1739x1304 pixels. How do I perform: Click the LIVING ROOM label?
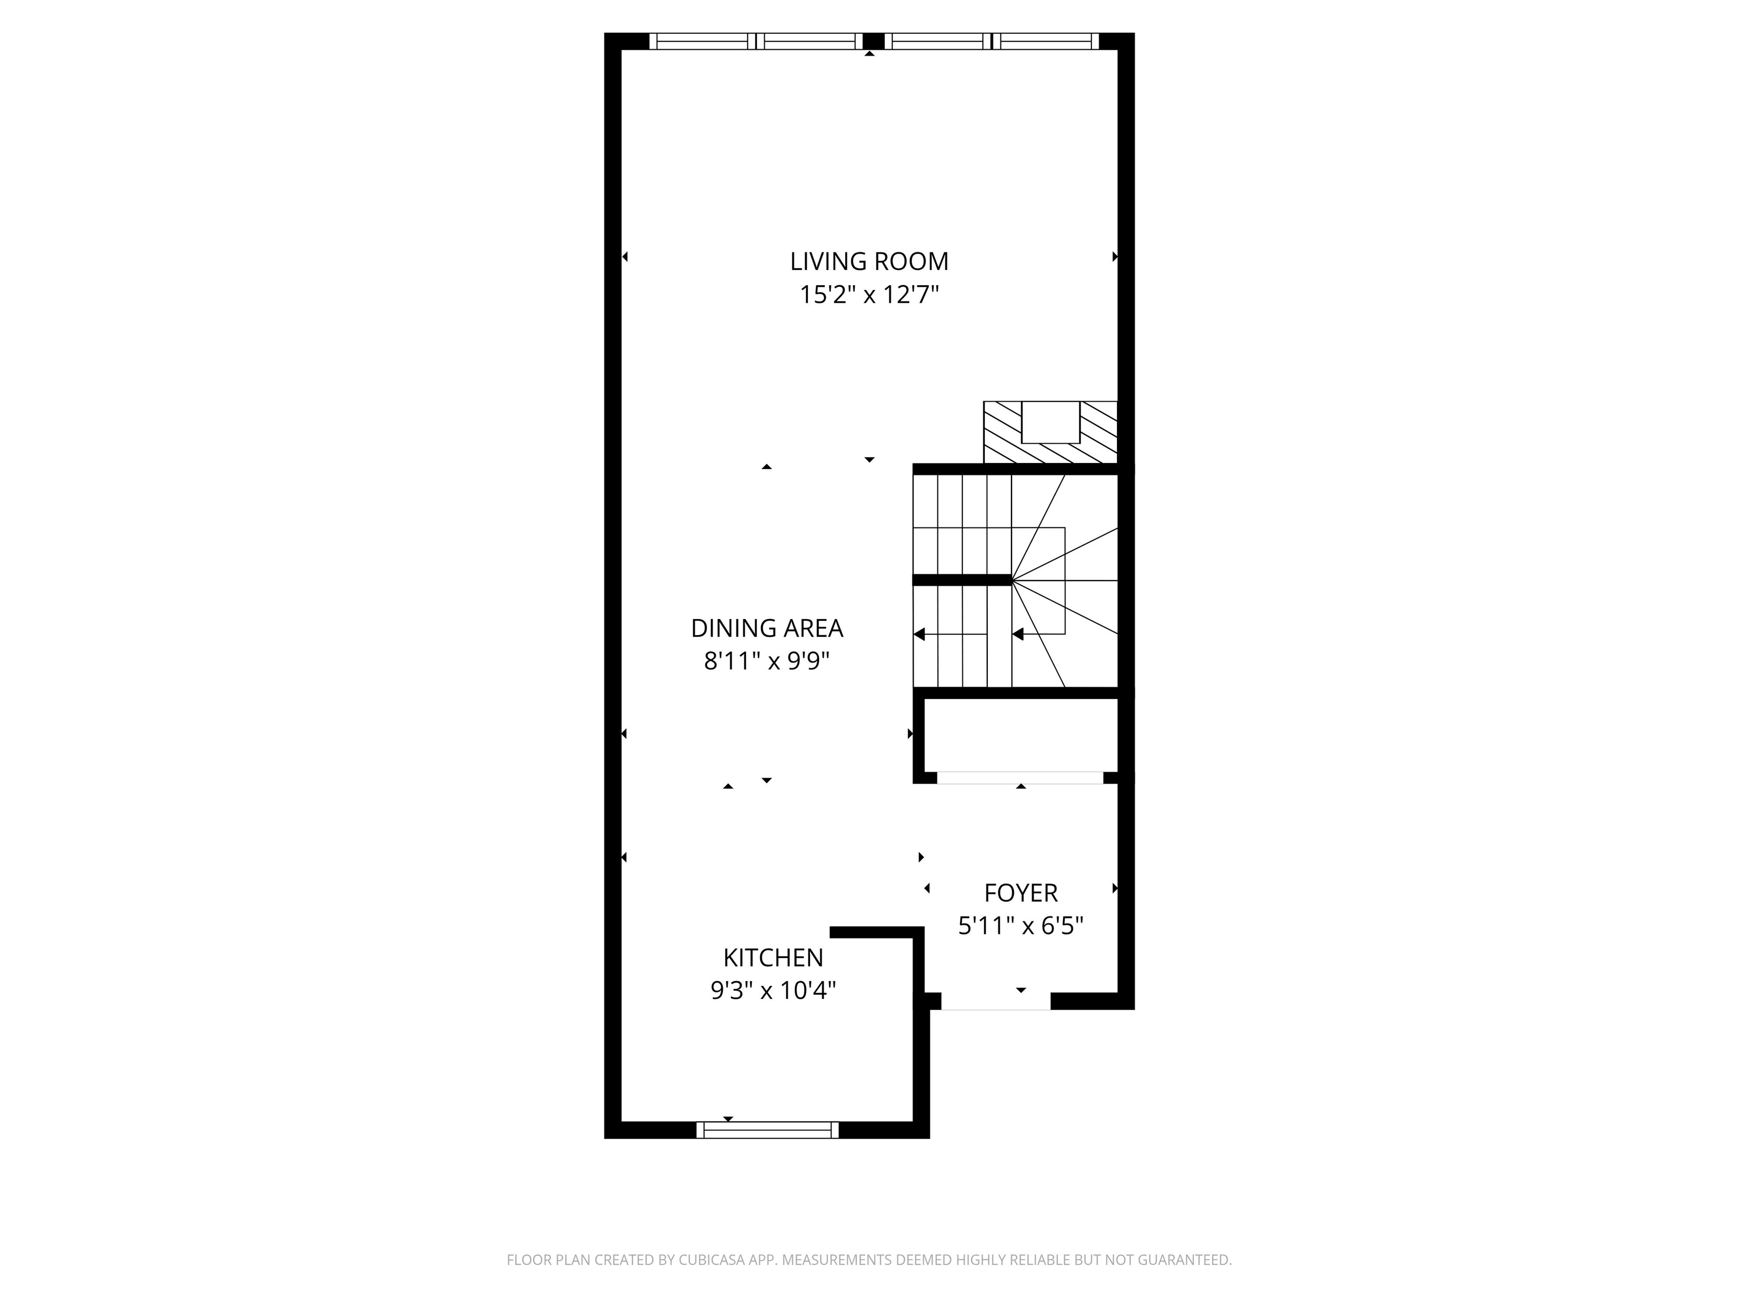(x=869, y=261)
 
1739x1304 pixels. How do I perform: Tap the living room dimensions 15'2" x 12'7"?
(x=869, y=295)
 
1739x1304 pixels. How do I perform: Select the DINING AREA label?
(x=766, y=628)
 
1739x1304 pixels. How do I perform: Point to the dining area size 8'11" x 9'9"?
(x=766, y=662)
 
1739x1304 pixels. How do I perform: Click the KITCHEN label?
(x=773, y=958)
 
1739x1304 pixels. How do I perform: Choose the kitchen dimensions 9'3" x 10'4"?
(x=773, y=990)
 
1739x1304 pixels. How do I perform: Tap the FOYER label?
(x=1021, y=893)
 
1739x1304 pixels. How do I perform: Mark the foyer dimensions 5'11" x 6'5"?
(x=1021, y=926)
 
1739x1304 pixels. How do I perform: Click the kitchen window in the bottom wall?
(x=767, y=1130)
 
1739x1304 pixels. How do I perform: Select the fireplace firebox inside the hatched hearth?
(x=1050, y=422)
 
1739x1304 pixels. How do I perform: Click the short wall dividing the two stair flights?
(x=961, y=580)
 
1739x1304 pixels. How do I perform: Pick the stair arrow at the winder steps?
(x=1018, y=634)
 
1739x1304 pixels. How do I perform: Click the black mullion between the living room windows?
(x=873, y=41)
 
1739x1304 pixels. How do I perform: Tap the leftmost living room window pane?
(x=701, y=41)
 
